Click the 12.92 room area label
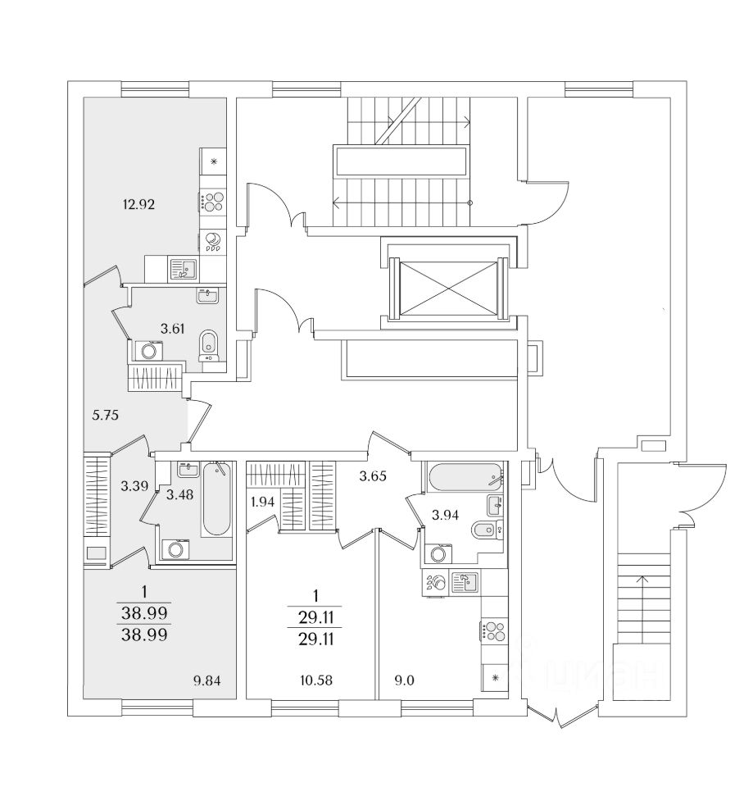tap(139, 204)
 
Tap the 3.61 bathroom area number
tap(172, 329)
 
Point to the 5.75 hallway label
tap(106, 416)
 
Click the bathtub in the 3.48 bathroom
tap(216, 499)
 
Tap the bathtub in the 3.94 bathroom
tap(464, 475)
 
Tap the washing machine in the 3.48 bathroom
tap(175, 549)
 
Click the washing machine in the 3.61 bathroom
tap(148, 351)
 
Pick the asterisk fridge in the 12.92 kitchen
tap(214, 161)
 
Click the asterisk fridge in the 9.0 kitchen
tap(494, 677)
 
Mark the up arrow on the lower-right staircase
tap(642, 584)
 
